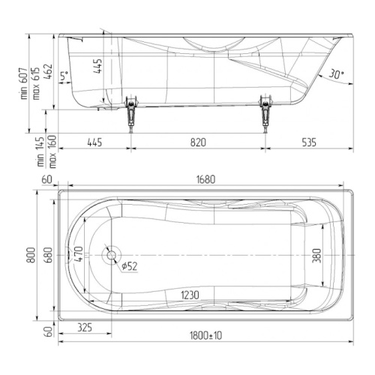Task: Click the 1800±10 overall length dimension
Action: coord(205,335)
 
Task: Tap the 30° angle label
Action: coord(336,74)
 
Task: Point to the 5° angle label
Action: coord(64,75)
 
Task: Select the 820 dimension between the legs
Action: coord(198,142)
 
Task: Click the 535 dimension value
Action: coord(309,142)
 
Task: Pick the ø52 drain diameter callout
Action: coord(130,266)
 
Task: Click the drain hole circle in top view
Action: coord(112,255)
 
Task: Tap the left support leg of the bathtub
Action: coord(130,114)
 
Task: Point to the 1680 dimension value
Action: coord(205,179)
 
